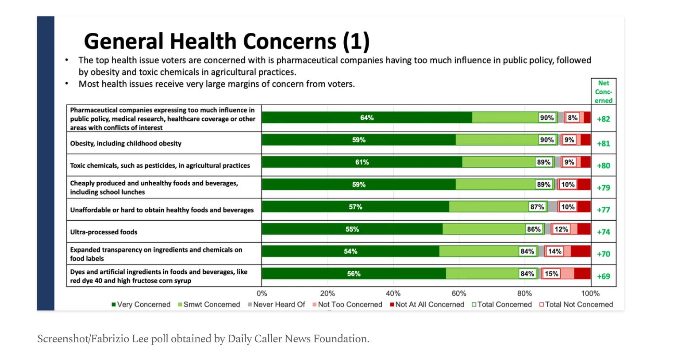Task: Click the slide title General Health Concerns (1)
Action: (227, 42)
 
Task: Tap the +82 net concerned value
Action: (604, 119)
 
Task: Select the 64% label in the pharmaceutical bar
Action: (367, 118)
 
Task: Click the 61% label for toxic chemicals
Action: (362, 162)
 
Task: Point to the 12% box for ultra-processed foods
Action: (561, 229)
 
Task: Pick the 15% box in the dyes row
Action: (551, 274)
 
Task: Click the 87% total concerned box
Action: (537, 207)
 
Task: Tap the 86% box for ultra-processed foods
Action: (534, 229)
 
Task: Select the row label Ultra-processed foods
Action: (104, 232)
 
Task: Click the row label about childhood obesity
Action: (126, 143)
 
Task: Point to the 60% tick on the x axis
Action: (459, 293)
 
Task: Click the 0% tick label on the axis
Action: (262, 293)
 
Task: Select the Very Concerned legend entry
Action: (141, 304)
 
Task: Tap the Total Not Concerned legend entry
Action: (576, 304)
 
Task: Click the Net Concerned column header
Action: (604, 92)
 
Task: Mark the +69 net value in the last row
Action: (604, 276)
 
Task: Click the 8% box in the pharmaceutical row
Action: (573, 118)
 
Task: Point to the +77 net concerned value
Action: (604, 210)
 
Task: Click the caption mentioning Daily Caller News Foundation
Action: (203, 339)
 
